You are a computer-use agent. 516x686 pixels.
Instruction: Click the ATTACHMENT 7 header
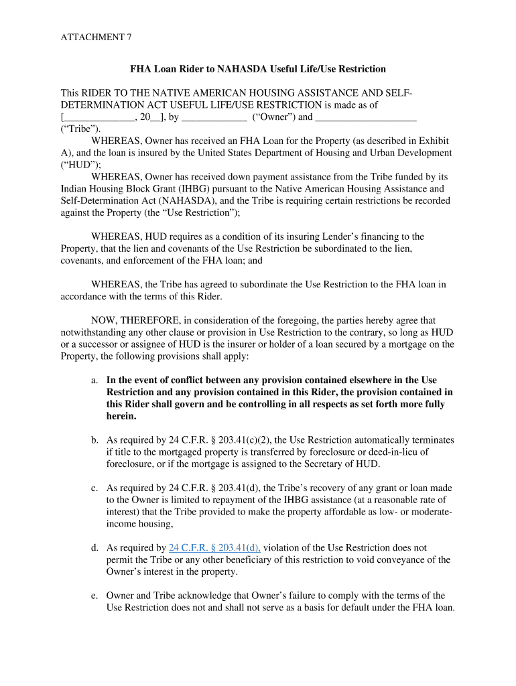tap(96, 38)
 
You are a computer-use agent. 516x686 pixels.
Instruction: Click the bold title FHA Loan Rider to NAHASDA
tap(257, 69)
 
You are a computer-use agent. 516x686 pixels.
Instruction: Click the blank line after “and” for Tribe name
tap(365, 118)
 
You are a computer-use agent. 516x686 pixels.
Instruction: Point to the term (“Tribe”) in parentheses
tap(80, 129)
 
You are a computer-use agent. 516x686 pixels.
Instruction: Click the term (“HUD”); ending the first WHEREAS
tap(80, 165)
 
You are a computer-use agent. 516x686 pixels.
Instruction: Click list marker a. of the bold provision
tap(94, 380)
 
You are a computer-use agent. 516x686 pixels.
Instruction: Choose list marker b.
tap(94, 440)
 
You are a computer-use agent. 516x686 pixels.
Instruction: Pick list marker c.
tap(94, 488)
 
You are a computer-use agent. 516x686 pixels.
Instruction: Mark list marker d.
tap(94, 548)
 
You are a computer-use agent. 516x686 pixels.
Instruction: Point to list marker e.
tap(94, 596)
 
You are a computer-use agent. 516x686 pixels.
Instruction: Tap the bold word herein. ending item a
tap(121, 416)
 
